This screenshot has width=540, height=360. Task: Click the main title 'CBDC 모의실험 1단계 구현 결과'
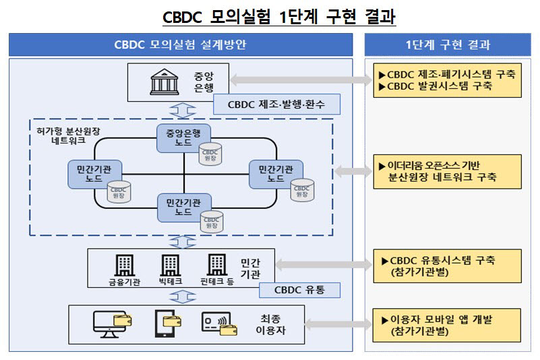tap(278, 17)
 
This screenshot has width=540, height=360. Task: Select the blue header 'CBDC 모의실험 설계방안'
tap(180, 45)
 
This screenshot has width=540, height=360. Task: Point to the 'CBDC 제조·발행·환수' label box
tap(276, 104)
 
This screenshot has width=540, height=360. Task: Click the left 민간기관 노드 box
tap(95, 173)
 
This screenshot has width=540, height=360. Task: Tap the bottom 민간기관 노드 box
tap(183, 206)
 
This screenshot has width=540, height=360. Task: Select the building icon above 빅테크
tap(169, 265)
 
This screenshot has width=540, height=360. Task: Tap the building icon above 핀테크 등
tap(216, 265)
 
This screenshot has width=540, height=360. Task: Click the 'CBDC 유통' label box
tap(299, 290)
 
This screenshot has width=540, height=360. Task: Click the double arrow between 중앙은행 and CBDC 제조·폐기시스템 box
tap(301, 80)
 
